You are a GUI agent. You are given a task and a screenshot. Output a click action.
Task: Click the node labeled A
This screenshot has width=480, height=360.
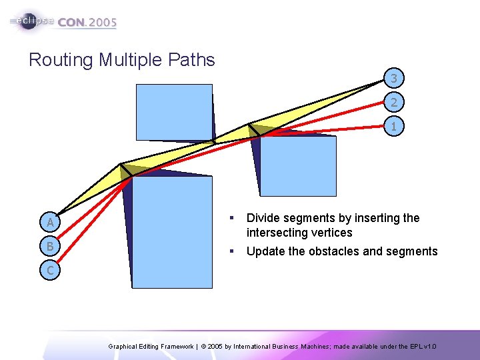coord(50,222)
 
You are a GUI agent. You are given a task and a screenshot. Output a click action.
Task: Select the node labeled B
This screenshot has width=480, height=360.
coord(50,246)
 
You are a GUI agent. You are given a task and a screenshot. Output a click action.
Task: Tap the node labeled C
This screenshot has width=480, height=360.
coord(50,270)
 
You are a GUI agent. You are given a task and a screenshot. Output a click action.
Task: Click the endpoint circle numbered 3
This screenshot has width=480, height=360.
coord(394,79)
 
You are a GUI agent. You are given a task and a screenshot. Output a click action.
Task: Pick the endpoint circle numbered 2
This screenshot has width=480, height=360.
coord(394,102)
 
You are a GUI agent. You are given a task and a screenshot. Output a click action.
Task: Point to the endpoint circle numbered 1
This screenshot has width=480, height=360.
coord(394,126)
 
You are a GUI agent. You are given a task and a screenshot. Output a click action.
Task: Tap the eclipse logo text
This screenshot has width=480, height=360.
coord(33,21)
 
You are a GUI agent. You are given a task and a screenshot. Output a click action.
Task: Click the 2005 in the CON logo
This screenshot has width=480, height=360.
coord(102,22)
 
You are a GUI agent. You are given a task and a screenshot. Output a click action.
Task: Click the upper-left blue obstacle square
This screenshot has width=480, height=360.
coord(174,112)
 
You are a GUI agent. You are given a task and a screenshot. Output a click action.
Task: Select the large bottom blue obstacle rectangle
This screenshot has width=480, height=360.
coord(172,231)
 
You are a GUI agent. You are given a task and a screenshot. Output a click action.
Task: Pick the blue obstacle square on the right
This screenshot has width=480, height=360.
coord(297,166)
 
